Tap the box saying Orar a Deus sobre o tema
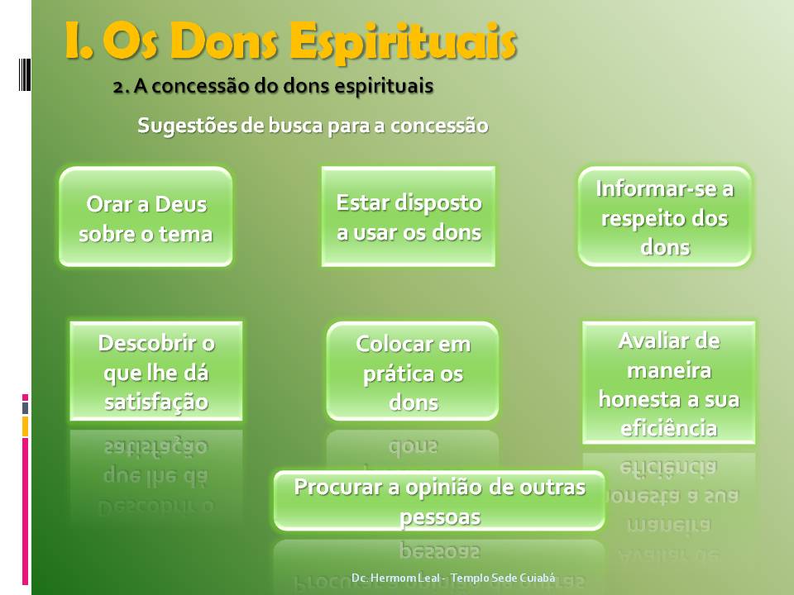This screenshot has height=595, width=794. click(x=146, y=217)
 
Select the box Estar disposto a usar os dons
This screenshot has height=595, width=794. click(x=409, y=217)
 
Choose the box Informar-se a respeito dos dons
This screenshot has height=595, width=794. click(x=665, y=217)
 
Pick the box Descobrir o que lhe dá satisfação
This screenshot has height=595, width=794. click(x=156, y=371)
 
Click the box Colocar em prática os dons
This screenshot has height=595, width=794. click(x=413, y=371)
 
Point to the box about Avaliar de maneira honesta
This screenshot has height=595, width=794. click(x=669, y=383)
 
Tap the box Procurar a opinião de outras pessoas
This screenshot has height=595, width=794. click(x=439, y=501)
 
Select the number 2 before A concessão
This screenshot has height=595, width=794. click(x=117, y=86)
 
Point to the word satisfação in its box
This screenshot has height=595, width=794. click(x=156, y=402)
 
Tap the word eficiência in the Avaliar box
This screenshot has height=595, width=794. click(x=669, y=428)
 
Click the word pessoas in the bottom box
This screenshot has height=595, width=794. click(x=440, y=516)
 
